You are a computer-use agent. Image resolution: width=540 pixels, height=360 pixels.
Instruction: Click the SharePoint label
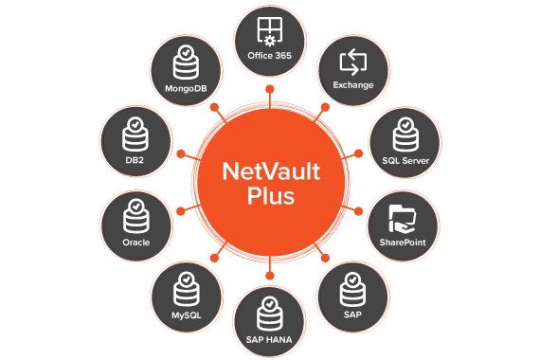coord(405,242)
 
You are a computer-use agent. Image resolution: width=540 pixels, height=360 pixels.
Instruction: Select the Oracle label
coord(135,242)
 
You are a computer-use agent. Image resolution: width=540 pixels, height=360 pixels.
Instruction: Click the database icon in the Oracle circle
coord(135,215)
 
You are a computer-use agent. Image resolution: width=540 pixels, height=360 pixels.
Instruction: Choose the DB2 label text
coord(135,160)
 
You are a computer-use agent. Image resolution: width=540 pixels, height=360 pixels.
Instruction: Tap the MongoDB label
coord(187,87)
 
